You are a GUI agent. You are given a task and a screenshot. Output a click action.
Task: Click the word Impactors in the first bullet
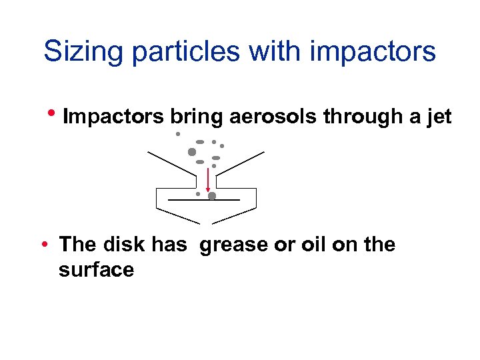click(x=113, y=117)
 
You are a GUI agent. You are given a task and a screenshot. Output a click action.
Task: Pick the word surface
click(x=96, y=269)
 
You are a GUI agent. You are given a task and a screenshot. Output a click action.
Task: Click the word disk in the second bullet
click(x=125, y=245)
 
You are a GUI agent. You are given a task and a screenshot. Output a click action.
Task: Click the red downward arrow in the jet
click(x=208, y=179)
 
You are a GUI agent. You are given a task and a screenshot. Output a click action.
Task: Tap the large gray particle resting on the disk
click(x=212, y=196)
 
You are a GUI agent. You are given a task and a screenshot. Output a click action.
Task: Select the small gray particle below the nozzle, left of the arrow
click(x=198, y=194)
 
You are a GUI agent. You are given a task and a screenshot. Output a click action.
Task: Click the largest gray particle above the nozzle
click(x=192, y=151)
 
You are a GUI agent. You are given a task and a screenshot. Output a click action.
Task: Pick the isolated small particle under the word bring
click(x=178, y=134)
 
